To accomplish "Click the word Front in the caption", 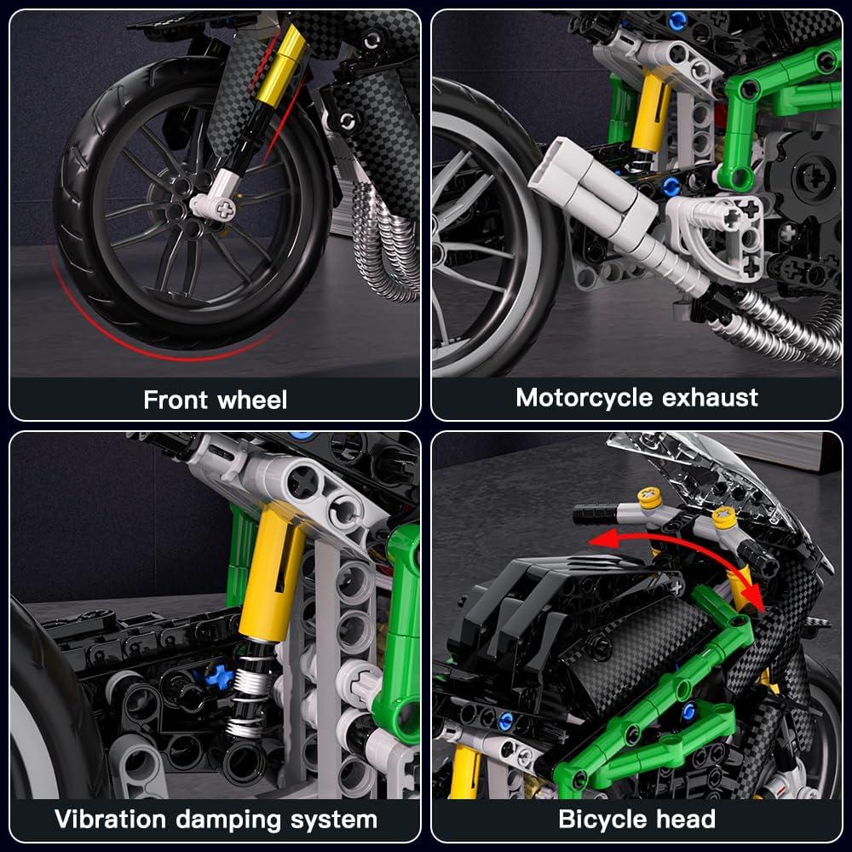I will coord(176,400).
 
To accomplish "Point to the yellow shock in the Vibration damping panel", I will coord(270,579).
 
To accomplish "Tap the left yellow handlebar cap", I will coord(651,498).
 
